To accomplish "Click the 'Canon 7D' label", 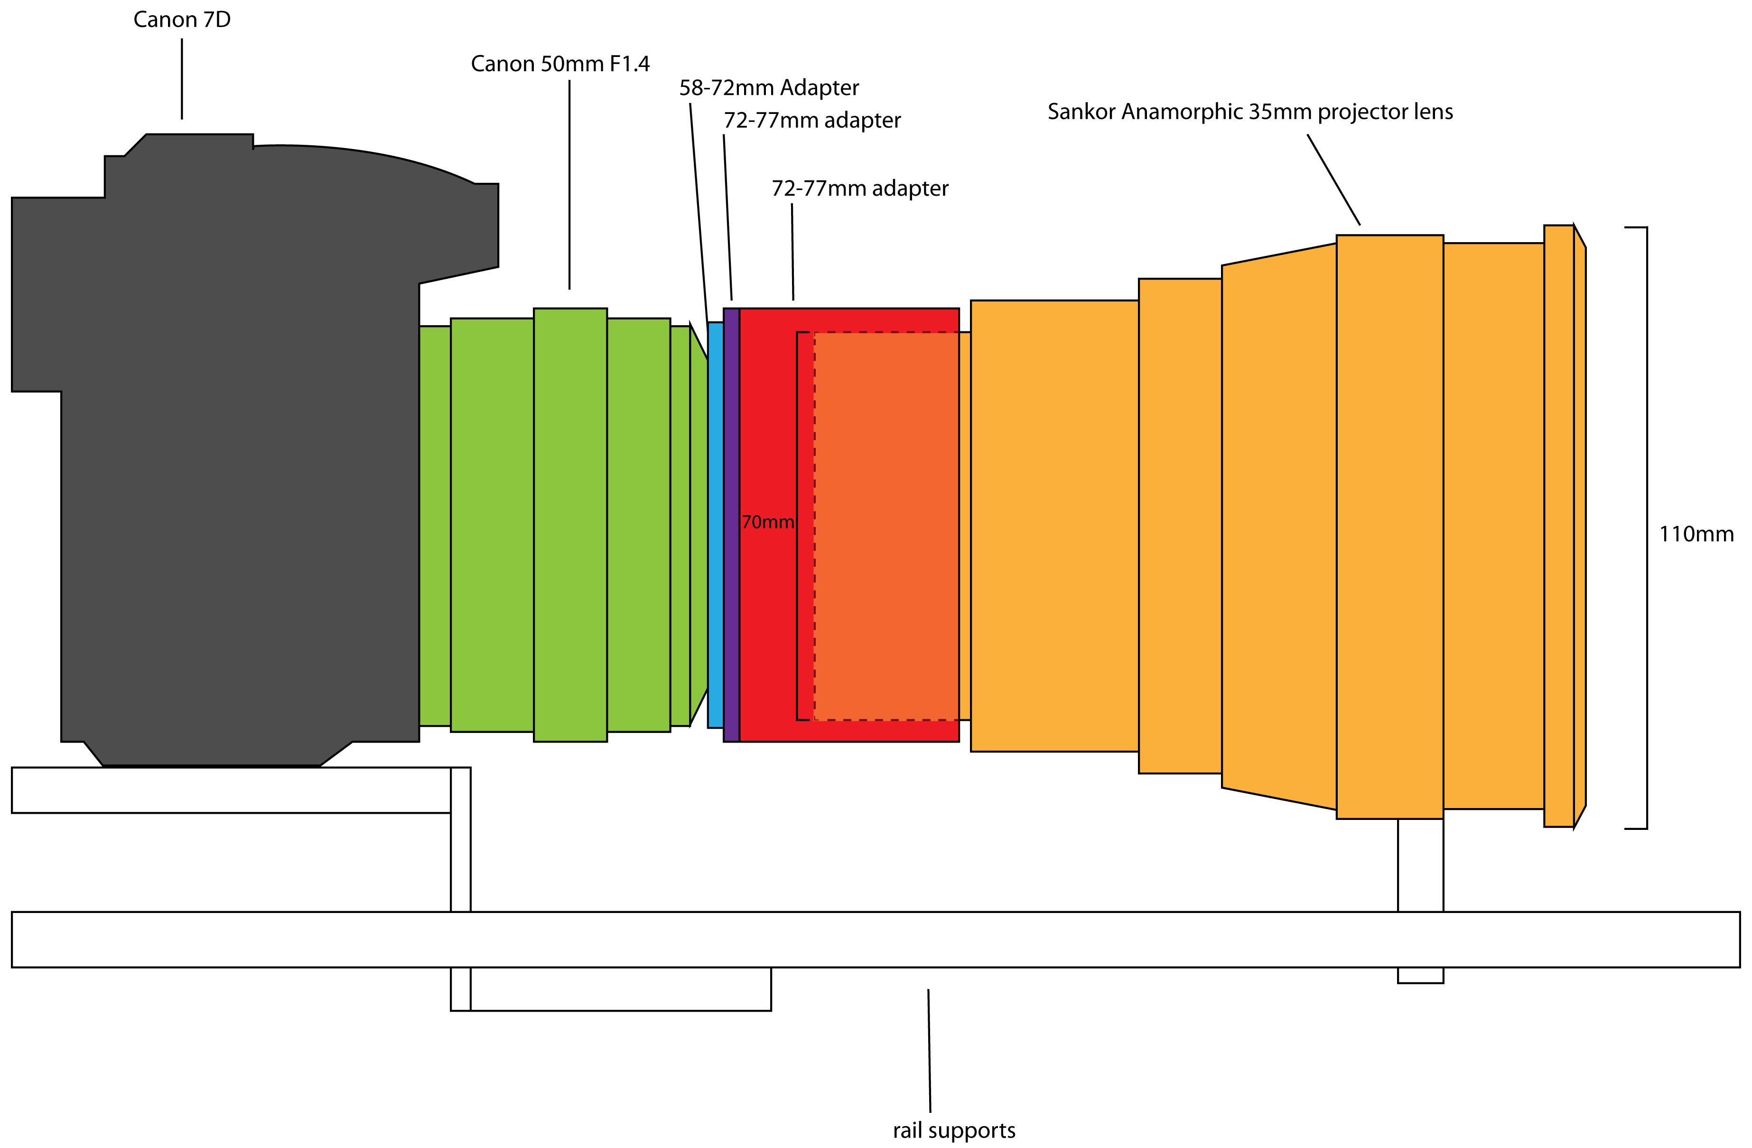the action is (182, 20).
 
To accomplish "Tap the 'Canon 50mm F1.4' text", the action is (560, 64).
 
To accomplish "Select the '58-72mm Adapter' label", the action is (769, 88).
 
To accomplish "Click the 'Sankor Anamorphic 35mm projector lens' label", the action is (1250, 112).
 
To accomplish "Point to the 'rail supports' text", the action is (954, 1130).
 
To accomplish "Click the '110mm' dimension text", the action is (1696, 534).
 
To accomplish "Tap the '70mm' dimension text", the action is (768, 522).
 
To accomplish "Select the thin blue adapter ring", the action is (716, 525).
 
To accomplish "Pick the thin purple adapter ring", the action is (732, 525).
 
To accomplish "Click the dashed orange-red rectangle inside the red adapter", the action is (886, 526).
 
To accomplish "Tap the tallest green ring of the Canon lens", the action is (570, 525).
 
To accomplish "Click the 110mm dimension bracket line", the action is (1647, 528).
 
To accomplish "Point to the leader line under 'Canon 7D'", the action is (182, 79).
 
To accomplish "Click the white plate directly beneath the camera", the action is (231, 790).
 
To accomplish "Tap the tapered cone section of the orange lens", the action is (1279, 527).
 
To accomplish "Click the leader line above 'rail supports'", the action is (929, 1050).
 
